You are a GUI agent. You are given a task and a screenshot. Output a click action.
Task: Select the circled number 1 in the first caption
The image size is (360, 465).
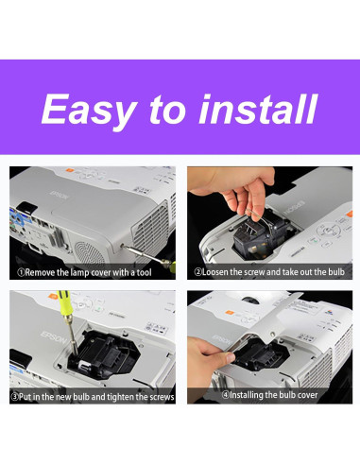click(x=17, y=272)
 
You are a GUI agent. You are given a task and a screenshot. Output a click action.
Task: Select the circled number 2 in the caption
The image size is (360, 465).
click(x=198, y=272)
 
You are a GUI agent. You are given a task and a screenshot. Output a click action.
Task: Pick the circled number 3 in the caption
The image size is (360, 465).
click(x=14, y=396)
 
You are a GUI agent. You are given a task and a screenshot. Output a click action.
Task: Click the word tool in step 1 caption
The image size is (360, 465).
click(x=158, y=272)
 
